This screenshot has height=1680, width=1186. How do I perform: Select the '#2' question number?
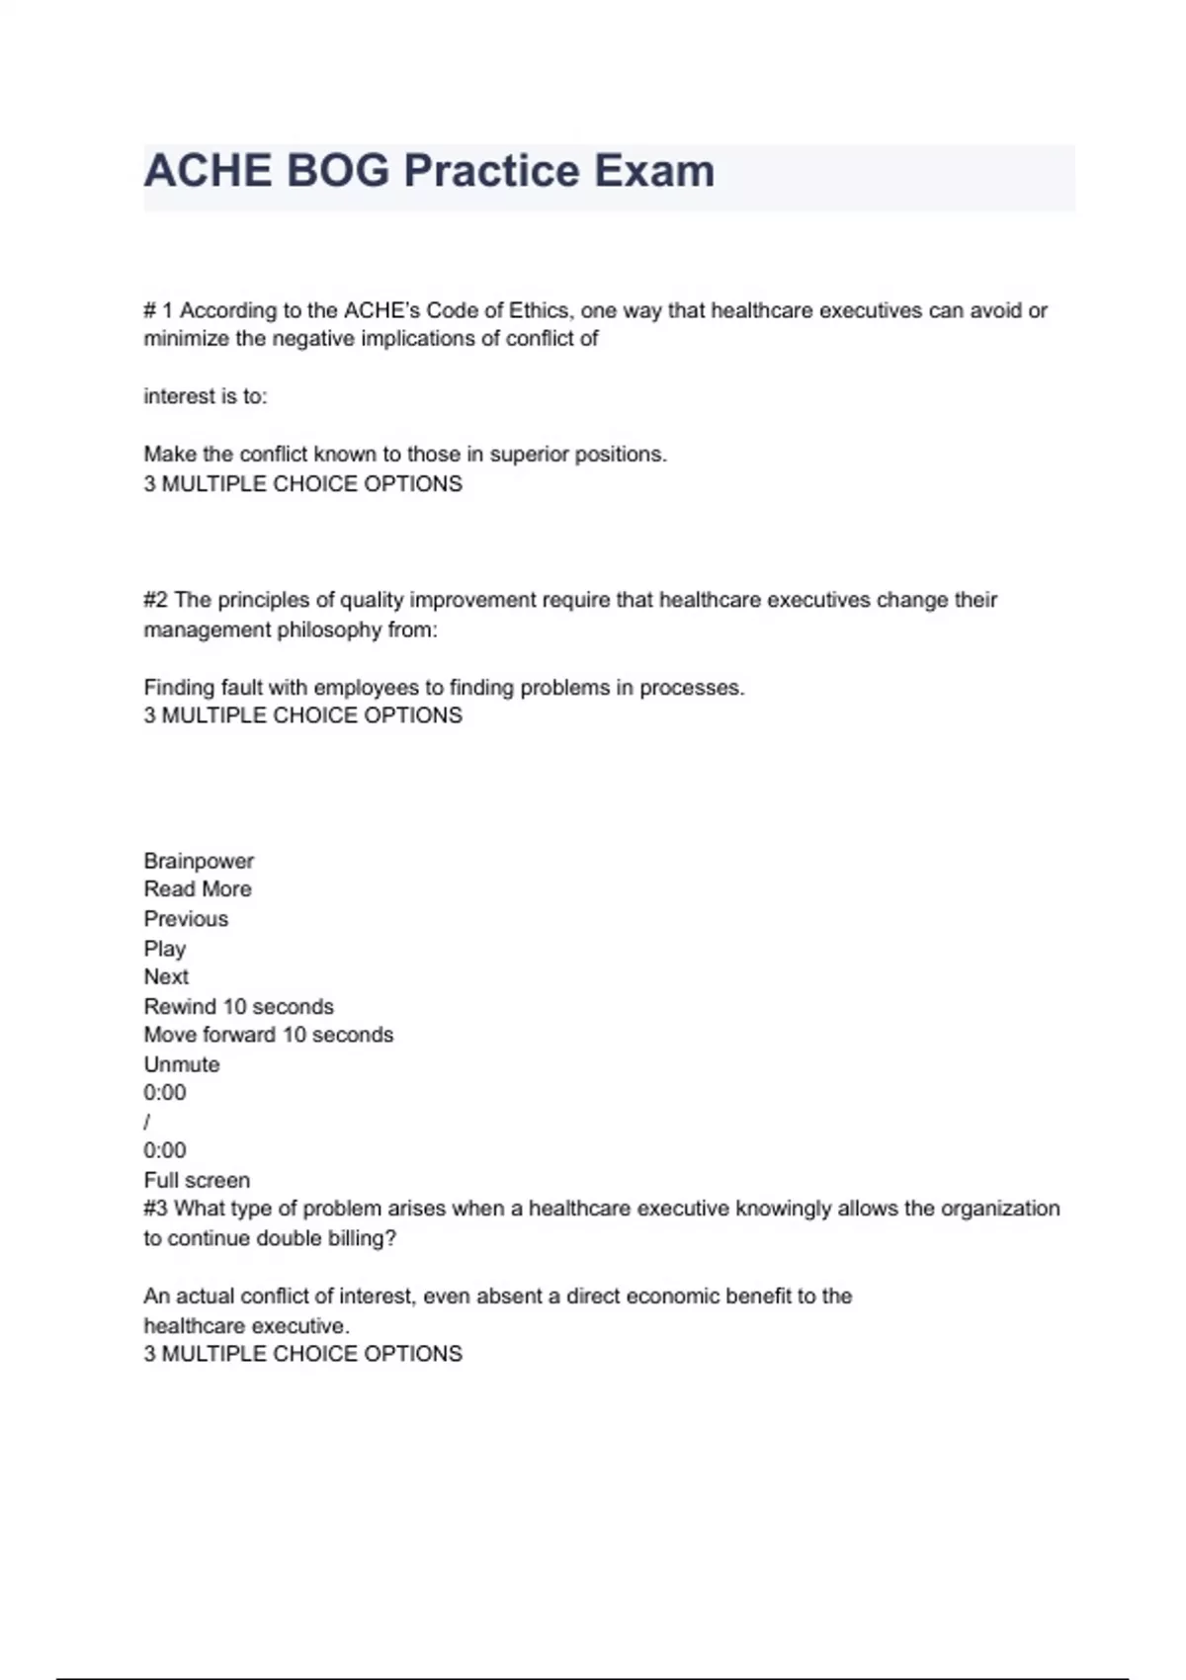click(155, 600)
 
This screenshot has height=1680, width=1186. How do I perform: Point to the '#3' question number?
click(155, 1209)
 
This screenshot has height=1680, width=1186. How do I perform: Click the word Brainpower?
click(199, 861)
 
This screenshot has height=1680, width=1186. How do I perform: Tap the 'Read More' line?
click(198, 889)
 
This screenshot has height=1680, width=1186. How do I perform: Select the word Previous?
click(186, 919)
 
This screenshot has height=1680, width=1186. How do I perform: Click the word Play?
click(164, 949)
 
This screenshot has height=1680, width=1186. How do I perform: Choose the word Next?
click(166, 977)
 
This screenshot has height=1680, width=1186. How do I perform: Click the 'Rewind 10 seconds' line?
click(238, 1007)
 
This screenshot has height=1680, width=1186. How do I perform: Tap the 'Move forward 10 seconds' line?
click(268, 1035)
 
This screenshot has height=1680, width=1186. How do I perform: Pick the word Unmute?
click(182, 1064)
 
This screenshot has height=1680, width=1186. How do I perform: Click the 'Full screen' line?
click(197, 1180)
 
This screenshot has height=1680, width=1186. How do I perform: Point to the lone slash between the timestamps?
click(147, 1122)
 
